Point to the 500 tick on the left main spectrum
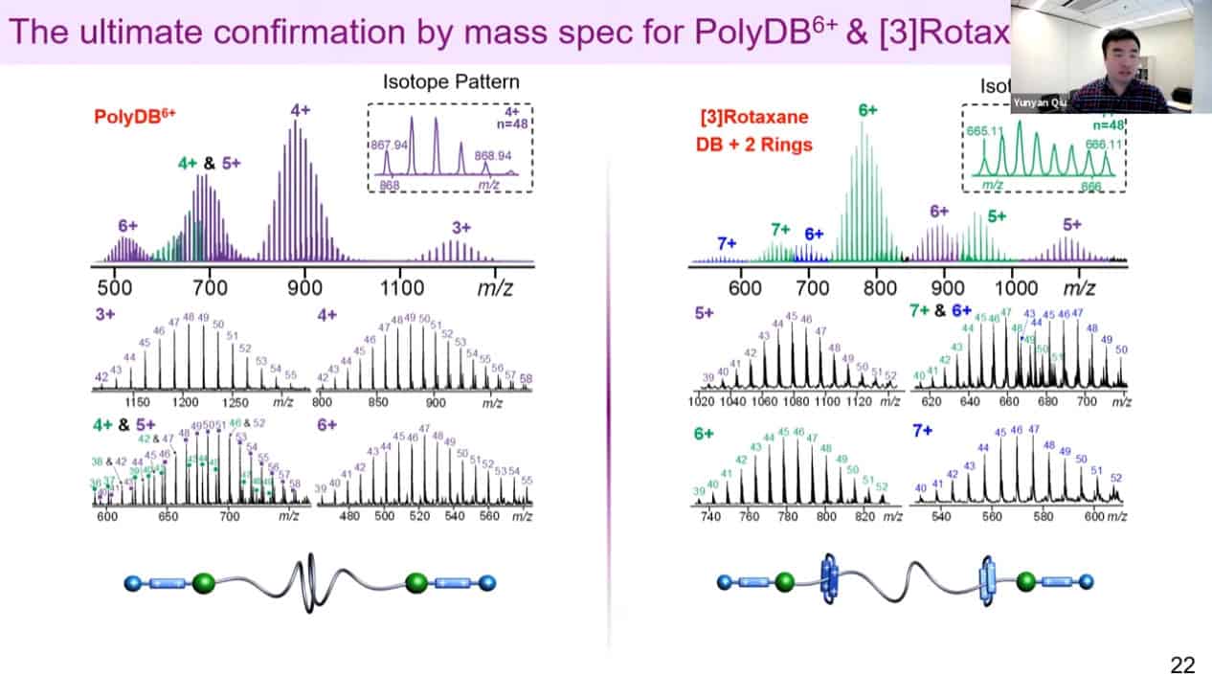point(115,286)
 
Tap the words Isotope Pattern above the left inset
point(451,81)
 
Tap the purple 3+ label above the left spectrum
point(461,227)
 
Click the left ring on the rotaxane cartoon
point(828,580)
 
